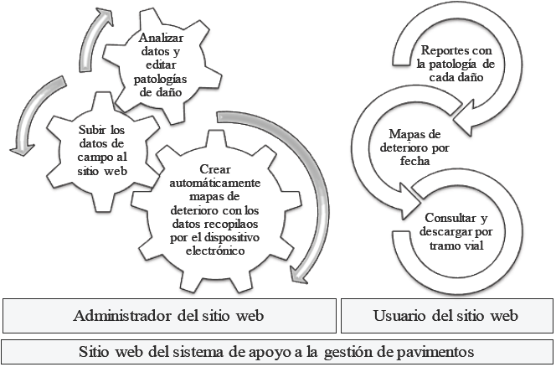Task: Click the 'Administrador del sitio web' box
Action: coord(168,316)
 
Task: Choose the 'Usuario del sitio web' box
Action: coord(446,316)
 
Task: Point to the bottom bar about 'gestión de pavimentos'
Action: coord(276,350)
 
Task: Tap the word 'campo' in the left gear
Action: coord(89,156)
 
